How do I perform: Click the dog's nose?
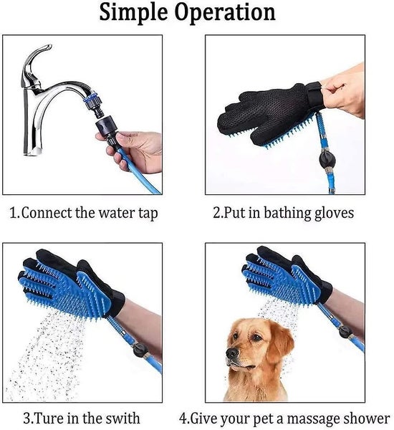pyautogui.click(x=231, y=353)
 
